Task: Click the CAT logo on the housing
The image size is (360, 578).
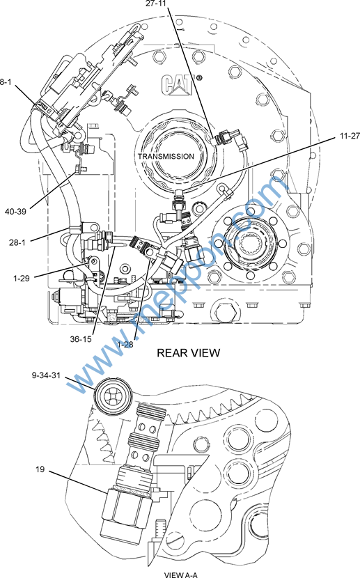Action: (x=178, y=84)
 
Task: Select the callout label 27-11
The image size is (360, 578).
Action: (x=156, y=3)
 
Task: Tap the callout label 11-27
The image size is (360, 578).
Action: (x=350, y=136)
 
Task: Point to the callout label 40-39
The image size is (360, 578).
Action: (x=15, y=212)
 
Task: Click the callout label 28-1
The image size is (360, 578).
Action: (x=17, y=242)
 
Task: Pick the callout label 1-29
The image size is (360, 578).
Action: (x=22, y=279)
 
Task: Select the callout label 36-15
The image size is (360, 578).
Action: (x=81, y=339)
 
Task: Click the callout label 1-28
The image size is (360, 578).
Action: (x=125, y=344)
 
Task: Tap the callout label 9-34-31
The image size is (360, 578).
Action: (x=46, y=375)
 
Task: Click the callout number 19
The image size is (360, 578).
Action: (x=40, y=469)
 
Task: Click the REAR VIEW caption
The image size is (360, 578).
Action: (x=188, y=353)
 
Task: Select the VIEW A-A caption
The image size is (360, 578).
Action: (x=181, y=575)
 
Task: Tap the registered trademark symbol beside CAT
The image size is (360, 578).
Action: (x=199, y=78)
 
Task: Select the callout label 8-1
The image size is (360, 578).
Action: (x=6, y=82)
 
